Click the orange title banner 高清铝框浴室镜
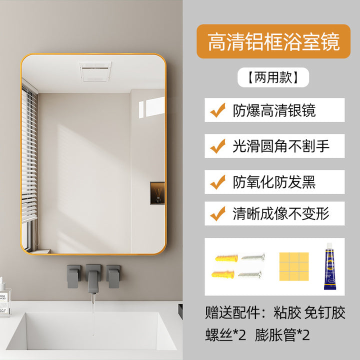tap(273, 41)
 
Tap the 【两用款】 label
tap(273, 77)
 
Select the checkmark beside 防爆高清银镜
tap(217, 110)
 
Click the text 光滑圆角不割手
tap(281, 146)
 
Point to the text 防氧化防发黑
tap(274, 182)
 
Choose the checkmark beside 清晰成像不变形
tap(217, 213)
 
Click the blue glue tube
tap(330, 266)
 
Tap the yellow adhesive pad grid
tap(294, 266)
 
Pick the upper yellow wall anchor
tap(226, 257)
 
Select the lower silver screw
tap(250, 274)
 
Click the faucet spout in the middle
tap(93, 279)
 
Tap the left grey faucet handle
tap(74, 276)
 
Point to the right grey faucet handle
tap(113, 276)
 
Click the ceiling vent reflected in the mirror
tap(95, 71)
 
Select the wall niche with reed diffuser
tap(157, 193)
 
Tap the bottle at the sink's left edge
tap(4, 297)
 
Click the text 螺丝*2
tap(225, 334)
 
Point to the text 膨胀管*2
tap(282, 334)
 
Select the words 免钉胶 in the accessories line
tap(325, 312)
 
